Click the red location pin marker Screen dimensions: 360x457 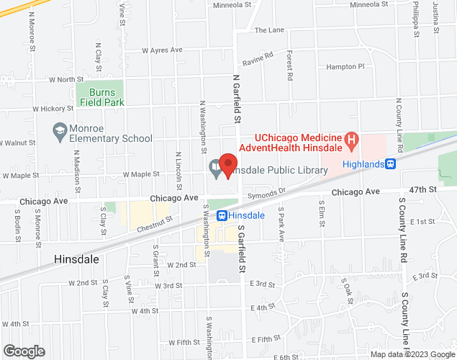point(228,166)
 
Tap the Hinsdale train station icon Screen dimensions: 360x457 point(222,215)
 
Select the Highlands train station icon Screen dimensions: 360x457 point(391,163)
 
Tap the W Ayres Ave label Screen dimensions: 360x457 point(163,50)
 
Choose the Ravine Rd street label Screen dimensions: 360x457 point(258,56)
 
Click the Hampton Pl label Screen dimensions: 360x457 point(345,66)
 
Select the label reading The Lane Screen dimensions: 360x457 point(270,30)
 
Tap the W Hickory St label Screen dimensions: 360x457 point(53,109)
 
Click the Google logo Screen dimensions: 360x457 point(24,351)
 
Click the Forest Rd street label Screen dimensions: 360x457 point(289,65)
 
